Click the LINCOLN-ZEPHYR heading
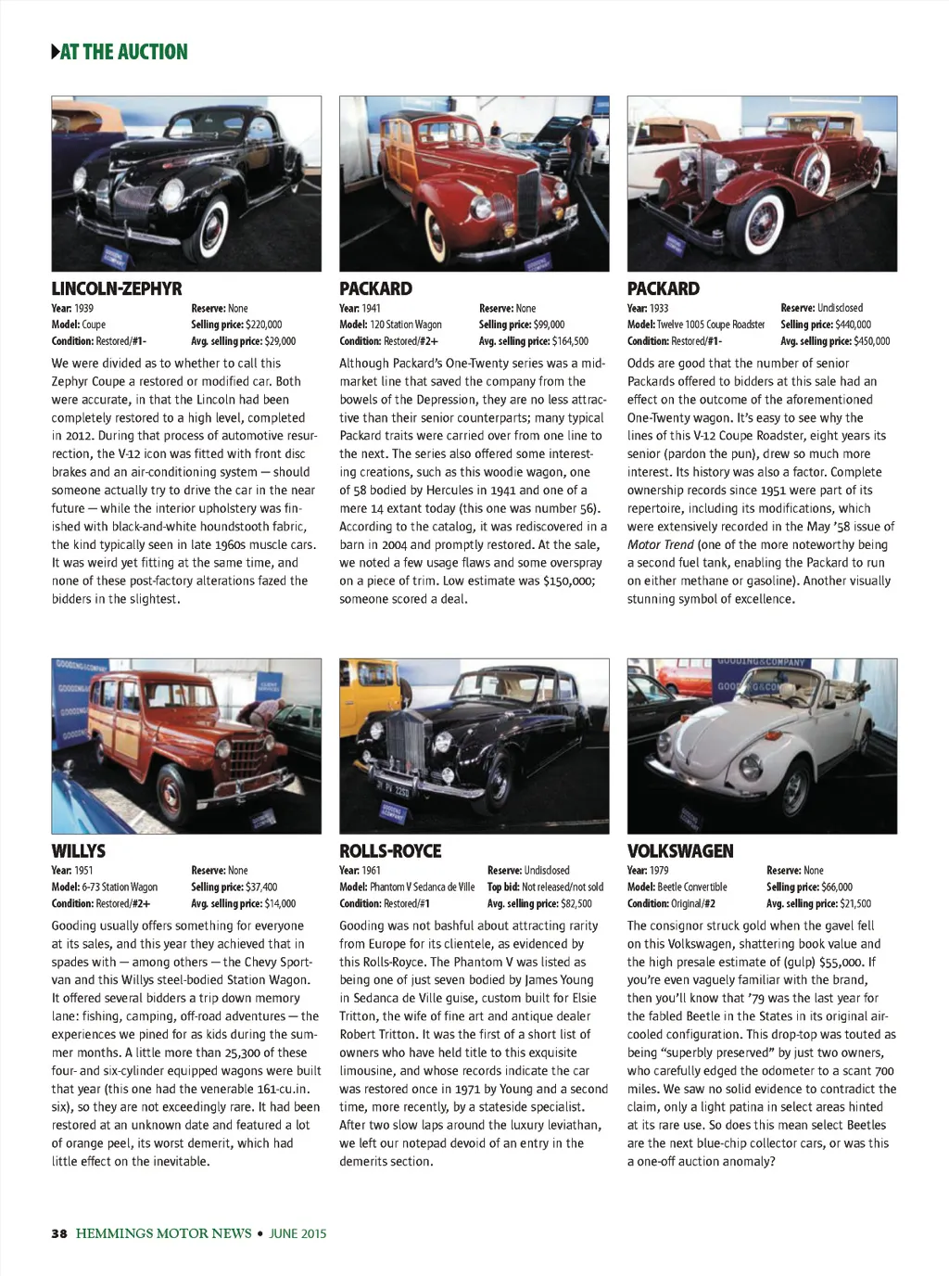pyautogui.click(x=117, y=288)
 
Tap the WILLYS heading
pyautogui.click(x=79, y=850)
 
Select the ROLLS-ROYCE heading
pyautogui.click(x=390, y=850)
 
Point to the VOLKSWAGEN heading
pyautogui.click(x=680, y=850)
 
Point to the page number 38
pyautogui.click(x=59, y=1233)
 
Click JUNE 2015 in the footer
pyautogui.click(x=297, y=1233)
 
